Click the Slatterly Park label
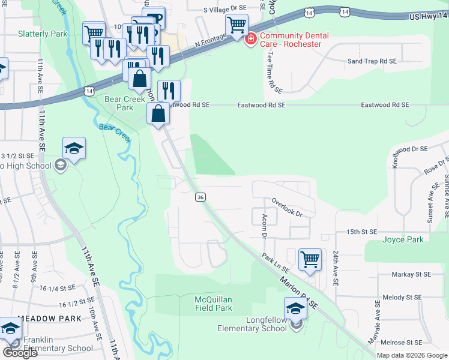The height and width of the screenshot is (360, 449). [43, 34]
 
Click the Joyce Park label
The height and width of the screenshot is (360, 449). [403, 240]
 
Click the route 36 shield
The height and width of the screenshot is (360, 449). [200, 197]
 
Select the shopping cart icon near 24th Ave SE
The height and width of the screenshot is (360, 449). [310, 260]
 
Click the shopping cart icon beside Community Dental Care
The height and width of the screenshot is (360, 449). [237, 25]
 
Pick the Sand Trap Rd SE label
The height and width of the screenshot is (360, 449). [372, 61]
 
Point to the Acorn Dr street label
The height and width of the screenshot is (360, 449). [263, 224]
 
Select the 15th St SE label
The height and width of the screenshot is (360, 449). [360, 232]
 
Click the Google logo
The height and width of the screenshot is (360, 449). [20, 353]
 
